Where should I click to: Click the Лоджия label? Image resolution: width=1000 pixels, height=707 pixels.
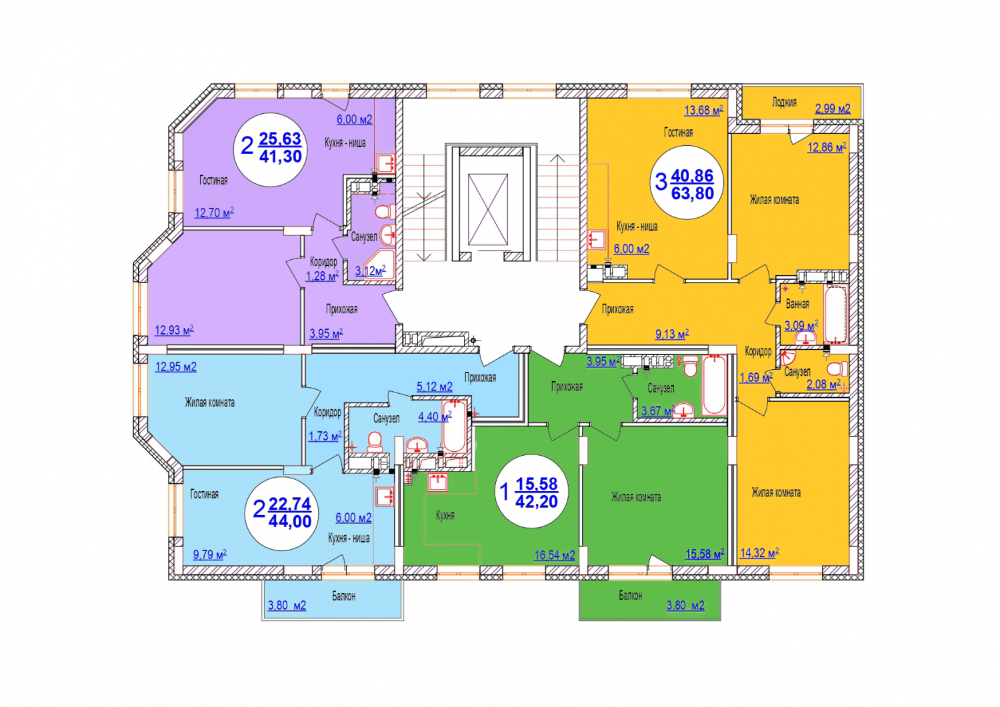785,103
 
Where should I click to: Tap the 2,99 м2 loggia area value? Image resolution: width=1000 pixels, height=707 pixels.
833,109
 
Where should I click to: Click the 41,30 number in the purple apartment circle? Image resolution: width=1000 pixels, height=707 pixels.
281,156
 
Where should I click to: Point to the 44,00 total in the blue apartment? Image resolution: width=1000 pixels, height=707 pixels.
290,521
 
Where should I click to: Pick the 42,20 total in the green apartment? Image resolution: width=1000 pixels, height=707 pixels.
537,502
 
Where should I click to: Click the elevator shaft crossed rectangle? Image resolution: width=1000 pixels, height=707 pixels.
488,209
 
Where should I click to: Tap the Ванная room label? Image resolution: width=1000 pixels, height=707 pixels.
797,305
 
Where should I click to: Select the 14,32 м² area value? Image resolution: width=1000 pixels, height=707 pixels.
759,554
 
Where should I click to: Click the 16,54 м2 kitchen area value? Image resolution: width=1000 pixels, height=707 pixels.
555,555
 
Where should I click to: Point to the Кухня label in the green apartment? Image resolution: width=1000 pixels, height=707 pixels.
445,516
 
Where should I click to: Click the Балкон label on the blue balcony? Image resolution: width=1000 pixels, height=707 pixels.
344,596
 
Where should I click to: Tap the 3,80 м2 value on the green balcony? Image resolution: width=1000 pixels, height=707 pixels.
685,606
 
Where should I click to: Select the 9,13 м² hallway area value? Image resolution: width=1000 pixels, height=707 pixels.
672,334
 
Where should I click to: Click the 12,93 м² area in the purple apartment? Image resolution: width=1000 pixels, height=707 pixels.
174,331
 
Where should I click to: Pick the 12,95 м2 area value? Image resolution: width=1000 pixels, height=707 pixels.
175,367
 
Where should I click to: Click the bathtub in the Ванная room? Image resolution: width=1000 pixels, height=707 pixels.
835,315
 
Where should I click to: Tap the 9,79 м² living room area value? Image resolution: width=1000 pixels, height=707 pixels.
210,555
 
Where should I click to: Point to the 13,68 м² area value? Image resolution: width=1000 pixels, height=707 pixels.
703,110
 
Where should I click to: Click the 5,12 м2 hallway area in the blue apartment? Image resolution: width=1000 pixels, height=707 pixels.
435,386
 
